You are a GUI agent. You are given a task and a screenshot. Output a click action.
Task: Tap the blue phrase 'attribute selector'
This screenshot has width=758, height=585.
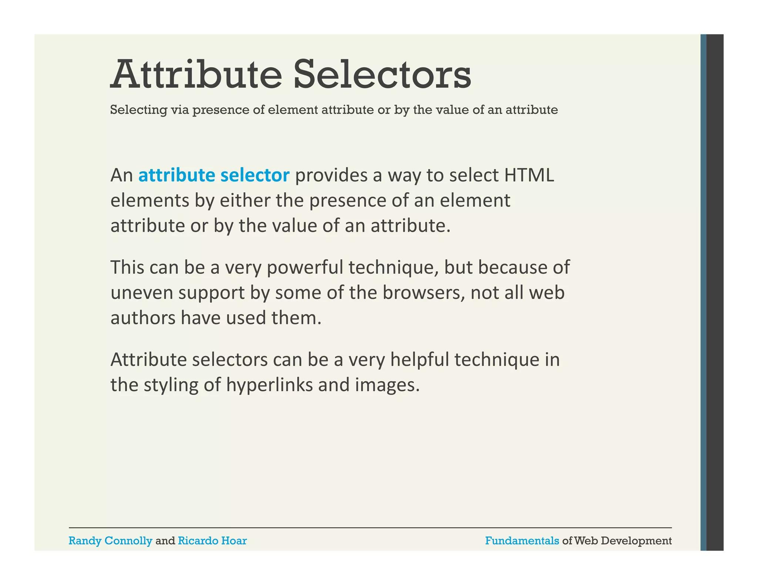214,175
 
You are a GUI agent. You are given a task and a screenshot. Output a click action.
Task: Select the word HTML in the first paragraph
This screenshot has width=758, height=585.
529,175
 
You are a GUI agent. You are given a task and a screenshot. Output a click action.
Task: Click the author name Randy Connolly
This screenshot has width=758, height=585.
110,541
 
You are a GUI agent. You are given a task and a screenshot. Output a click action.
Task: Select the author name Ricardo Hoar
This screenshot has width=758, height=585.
212,541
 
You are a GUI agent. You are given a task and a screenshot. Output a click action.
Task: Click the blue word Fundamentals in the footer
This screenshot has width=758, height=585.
522,541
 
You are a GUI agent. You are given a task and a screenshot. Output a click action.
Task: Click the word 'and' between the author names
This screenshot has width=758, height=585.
165,541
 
